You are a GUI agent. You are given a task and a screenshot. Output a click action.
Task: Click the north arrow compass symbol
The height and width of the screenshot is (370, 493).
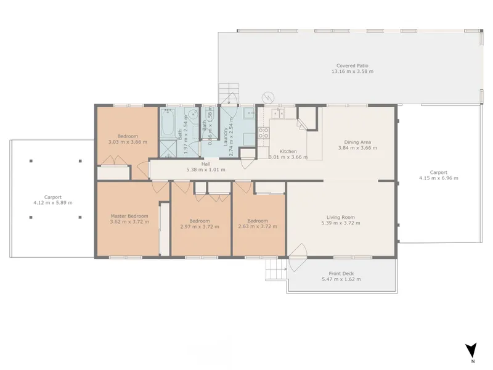coord(471,350)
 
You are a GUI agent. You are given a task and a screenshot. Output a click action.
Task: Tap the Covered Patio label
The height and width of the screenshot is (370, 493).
coord(352,66)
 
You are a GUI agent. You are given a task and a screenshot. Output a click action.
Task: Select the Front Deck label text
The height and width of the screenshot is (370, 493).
coord(341,274)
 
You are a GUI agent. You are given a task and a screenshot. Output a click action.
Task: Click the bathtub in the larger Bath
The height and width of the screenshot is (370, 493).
coord(168,123)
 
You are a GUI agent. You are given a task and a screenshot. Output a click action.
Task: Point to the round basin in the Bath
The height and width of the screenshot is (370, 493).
coord(193,114)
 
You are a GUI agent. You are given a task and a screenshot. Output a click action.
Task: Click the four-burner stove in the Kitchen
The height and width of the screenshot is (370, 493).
coord(264,133)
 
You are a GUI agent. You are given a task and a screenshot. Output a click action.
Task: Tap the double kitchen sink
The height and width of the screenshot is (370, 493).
coord(279,113)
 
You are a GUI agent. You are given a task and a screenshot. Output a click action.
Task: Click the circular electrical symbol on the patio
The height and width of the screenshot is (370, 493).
coord(268,98)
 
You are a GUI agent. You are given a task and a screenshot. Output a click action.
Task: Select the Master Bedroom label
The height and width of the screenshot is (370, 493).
coord(129,216)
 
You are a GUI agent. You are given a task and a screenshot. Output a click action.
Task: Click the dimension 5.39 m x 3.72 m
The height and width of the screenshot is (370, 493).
coord(341,223)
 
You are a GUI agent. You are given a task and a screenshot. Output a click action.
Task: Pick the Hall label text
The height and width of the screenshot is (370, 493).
coord(206,164)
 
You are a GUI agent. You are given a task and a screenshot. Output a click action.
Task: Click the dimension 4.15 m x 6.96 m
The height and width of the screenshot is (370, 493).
coord(438,178)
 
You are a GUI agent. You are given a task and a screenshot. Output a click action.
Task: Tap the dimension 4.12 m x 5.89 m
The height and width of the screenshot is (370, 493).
coord(53,203)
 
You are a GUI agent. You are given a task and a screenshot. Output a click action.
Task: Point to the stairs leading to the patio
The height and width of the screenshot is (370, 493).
coord(229,93)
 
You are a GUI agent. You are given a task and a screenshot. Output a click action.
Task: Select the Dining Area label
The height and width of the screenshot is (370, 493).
coord(357,142)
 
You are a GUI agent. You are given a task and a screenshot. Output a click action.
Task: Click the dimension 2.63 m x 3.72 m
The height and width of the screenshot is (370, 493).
coord(258,226)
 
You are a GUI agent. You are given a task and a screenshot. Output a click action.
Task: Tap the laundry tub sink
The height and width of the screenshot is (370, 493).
coord(249,113)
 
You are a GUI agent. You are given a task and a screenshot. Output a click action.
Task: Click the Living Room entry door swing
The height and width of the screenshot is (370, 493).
coord(298,257)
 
